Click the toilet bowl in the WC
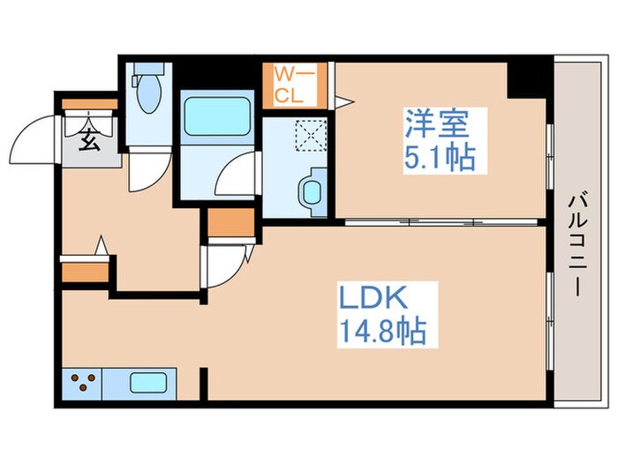(x=149, y=93)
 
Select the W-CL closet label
(x=294, y=85)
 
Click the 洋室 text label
(x=437, y=123)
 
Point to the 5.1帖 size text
(x=439, y=157)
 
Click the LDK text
(x=373, y=298)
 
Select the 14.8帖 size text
(x=382, y=331)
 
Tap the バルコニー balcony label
(x=577, y=244)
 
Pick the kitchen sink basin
(x=147, y=383)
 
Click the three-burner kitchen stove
(x=82, y=383)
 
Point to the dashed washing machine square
(x=311, y=135)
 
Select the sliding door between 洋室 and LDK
(x=441, y=222)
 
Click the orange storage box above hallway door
(x=231, y=222)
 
